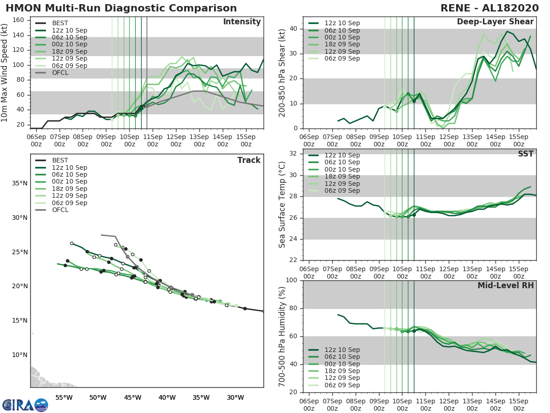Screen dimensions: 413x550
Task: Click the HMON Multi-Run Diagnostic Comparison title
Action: click(x=121, y=8)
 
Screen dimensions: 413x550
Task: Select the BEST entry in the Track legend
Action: click(x=60, y=160)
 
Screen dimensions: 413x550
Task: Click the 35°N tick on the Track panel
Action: click(x=19, y=184)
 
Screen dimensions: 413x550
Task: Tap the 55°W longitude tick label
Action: click(x=64, y=397)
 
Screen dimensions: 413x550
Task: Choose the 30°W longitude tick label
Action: click(x=235, y=397)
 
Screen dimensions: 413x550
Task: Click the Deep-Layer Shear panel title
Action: click(x=495, y=22)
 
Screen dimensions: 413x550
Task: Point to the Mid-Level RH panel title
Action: click(x=506, y=286)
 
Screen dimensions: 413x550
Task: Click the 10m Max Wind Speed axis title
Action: click(x=5, y=72)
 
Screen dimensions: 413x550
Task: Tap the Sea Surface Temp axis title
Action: click(x=282, y=205)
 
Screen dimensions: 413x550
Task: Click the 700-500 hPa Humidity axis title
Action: click(x=282, y=336)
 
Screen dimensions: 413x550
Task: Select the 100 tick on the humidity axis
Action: click(x=292, y=280)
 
